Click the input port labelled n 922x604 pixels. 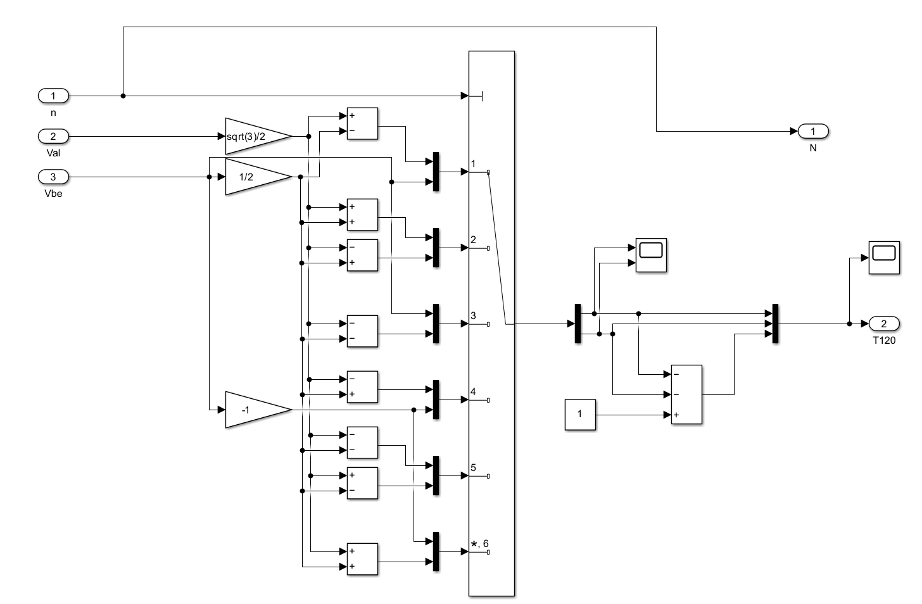(x=53, y=96)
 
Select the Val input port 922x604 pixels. (x=53, y=136)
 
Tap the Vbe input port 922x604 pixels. (x=53, y=177)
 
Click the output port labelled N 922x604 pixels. (x=813, y=131)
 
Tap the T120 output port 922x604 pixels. (x=884, y=324)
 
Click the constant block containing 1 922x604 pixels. (x=580, y=415)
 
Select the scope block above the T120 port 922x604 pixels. (x=884, y=258)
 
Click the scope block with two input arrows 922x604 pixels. (x=651, y=255)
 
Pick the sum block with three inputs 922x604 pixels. (x=686, y=394)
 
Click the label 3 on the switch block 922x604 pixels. (x=474, y=315)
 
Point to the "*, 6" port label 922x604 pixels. (x=479, y=543)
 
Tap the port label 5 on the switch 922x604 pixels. (x=474, y=467)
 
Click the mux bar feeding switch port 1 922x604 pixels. (x=436, y=172)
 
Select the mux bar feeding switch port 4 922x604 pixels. (x=436, y=400)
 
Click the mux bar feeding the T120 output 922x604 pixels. (x=775, y=324)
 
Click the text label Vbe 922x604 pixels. (x=53, y=193)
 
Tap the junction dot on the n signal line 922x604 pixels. (x=123, y=96)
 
